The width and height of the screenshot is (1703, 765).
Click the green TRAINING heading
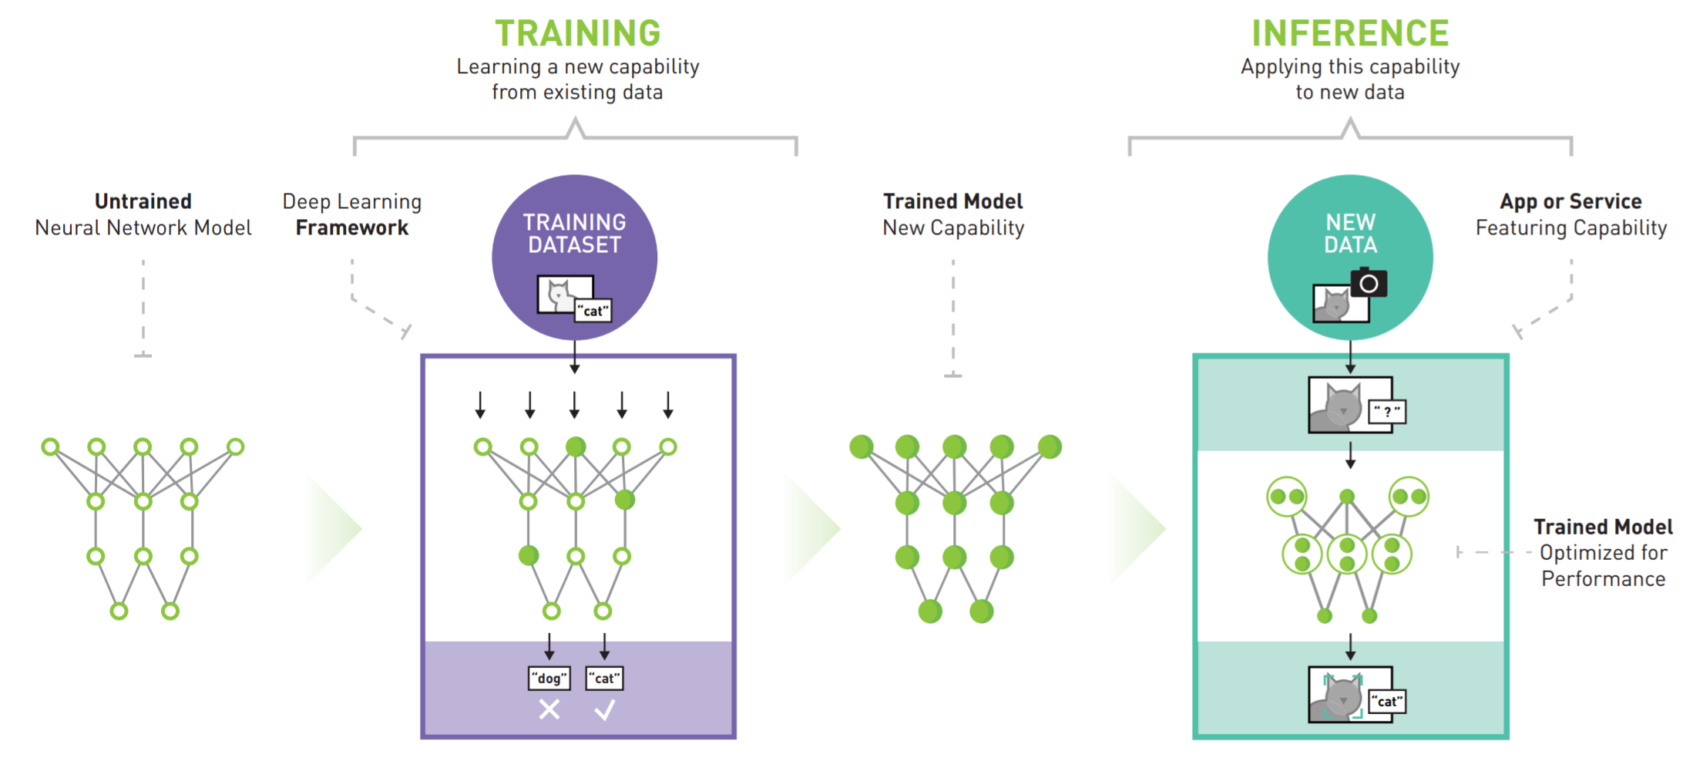click(x=577, y=33)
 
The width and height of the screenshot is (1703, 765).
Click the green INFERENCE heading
click(x=1350, y=33)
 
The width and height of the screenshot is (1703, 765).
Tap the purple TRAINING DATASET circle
click(x=575, y=257)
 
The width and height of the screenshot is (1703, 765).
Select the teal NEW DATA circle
click(x=1350, y=257)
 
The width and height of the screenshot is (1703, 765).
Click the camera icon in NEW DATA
click(x=1369, y=283)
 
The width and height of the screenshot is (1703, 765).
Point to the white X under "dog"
click(x=549, y=709)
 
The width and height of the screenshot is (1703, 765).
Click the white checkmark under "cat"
click(x=605, y=709)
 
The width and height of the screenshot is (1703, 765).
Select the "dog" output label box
click(x=549, y=678)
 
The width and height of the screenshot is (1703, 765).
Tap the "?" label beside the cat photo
click(x=1387, y=411)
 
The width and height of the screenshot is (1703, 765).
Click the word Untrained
click(x=143, y=201)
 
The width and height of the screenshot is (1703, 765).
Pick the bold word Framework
click(x=352, y=227)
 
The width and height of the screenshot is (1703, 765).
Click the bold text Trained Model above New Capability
click(x=953, y=201)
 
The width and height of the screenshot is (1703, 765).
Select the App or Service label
click(x=1570, y=201)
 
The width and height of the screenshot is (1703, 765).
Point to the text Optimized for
click(x=1604, y=552)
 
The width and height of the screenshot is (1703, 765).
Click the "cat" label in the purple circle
click(x=593, y=311)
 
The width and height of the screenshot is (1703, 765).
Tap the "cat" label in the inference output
click(x=1387, y=701)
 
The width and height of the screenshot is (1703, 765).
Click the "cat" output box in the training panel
click(x=605, y=678)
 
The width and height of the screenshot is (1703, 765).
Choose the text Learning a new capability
click(x=578, y=67)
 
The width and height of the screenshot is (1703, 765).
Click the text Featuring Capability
click(x=1571, y=227)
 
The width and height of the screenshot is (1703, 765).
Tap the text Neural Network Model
click(x=143, y=227)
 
